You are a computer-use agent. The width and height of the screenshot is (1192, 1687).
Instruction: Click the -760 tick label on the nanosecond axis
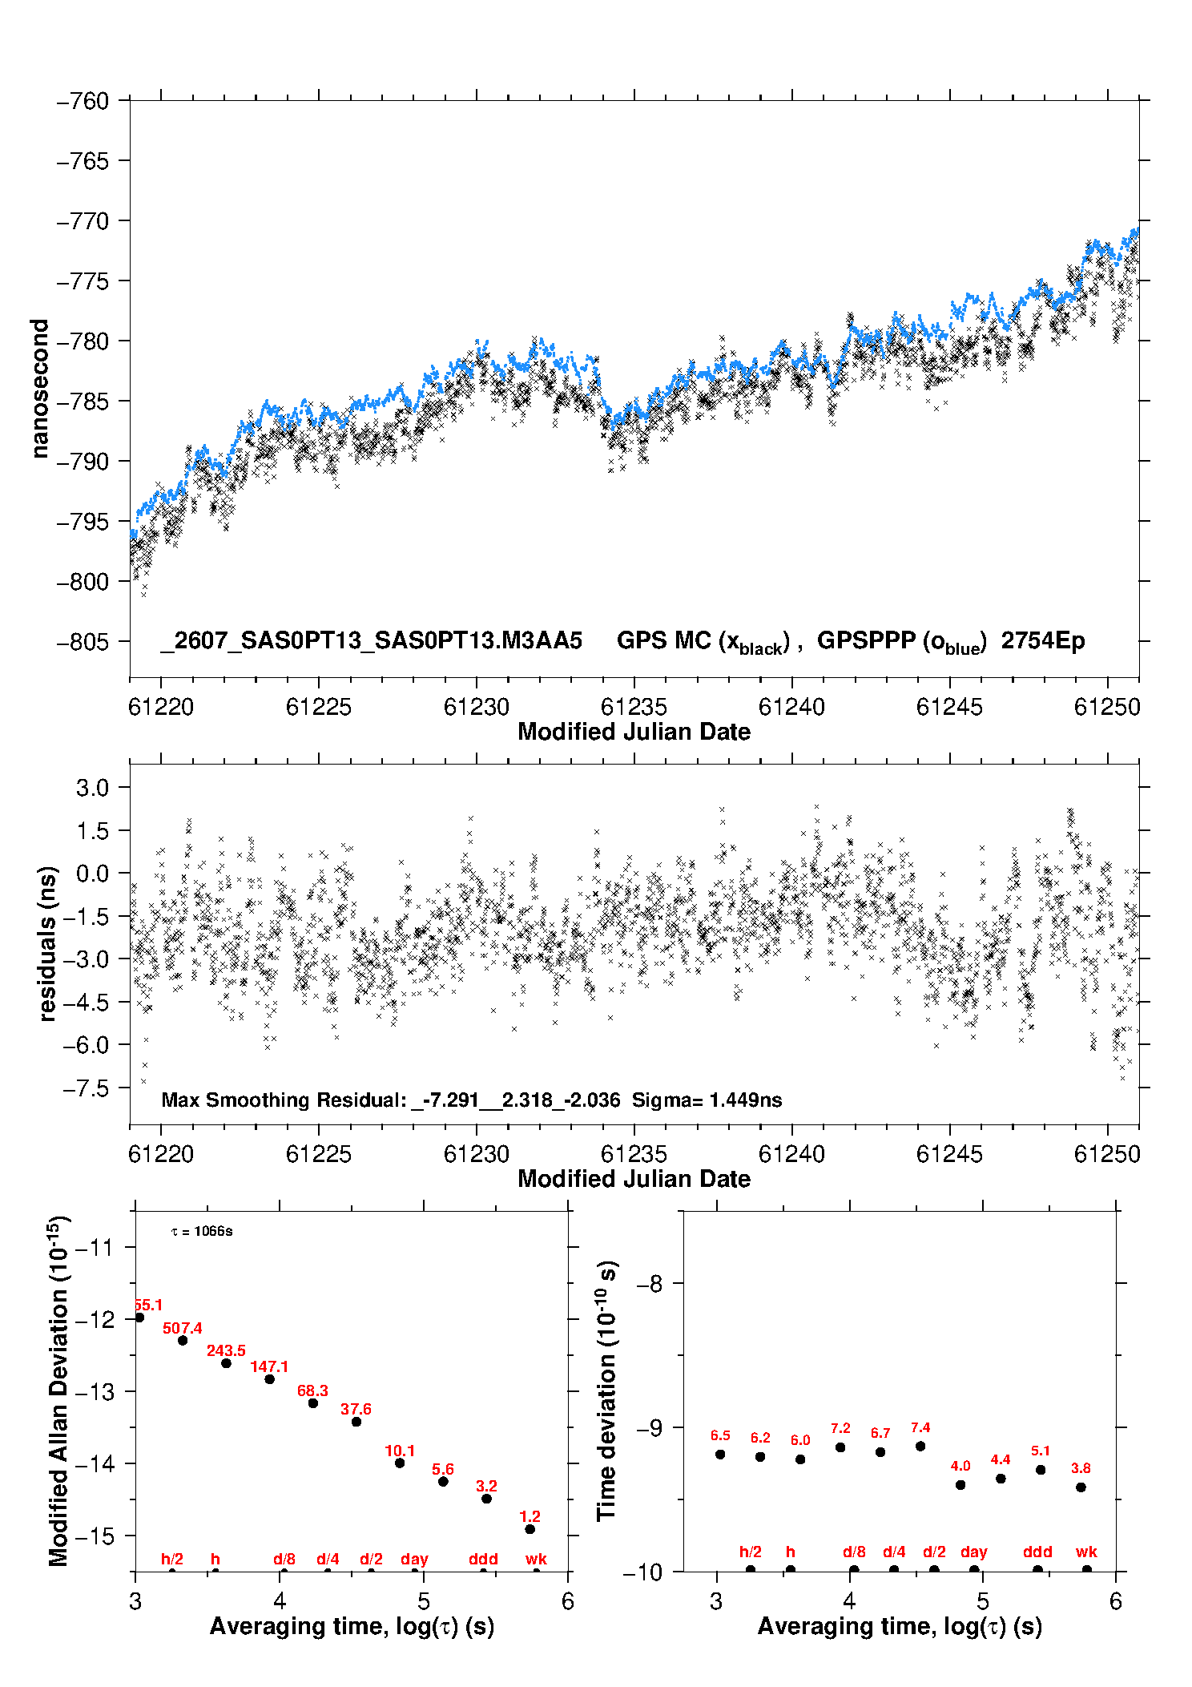click(x=83, y=101)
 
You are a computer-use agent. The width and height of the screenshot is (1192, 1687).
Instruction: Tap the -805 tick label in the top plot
click(x=83, y=641)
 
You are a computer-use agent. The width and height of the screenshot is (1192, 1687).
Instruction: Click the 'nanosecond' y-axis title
click(x=39, y=389)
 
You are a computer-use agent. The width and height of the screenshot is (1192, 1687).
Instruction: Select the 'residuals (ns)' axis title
click(x=47, y=943)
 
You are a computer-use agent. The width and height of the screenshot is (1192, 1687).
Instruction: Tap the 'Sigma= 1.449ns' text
click(x=707, y=1100)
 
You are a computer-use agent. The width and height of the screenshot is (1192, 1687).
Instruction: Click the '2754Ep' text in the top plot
click(x=1043, y=640)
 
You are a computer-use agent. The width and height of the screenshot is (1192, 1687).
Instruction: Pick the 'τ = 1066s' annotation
click(x=202, y=1231)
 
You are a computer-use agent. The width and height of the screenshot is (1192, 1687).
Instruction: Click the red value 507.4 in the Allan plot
click(x=183, y=1328)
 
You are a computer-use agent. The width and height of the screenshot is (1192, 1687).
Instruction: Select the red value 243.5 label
click(x=226, y=1350)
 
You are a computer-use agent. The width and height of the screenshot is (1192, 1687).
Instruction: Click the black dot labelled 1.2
click(x=530, y=1529)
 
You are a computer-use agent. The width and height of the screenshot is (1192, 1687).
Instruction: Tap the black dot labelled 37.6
click(x=356, y=1422)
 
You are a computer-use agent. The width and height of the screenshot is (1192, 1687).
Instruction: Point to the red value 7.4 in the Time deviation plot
click(x=920, y=1427)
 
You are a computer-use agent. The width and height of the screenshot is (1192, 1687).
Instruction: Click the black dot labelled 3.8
click(x=1081, y=1487)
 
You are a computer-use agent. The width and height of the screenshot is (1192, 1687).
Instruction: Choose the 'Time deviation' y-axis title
click(x=606, y=1391)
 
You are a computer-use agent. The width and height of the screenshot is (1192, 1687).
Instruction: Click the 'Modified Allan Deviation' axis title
click(x=58, y=1390)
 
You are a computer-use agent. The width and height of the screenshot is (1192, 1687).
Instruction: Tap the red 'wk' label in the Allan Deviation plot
click(x=536, y=1559)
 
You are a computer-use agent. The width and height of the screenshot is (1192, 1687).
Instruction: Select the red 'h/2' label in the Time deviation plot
click(x=750, y=1552)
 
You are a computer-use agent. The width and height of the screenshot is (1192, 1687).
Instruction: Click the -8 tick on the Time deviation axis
click(x=650, y=1284)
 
